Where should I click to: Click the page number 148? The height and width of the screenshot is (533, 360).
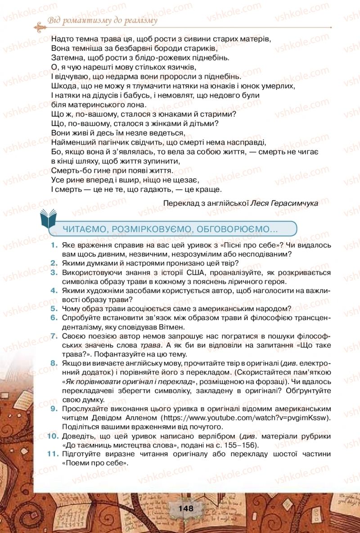(185, 509)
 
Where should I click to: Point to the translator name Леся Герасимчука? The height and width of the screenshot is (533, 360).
(284, 203)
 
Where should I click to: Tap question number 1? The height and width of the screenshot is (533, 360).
(54, 245)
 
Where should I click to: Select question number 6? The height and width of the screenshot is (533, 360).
(54, 317)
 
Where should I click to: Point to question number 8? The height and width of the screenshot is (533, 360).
(54, 363)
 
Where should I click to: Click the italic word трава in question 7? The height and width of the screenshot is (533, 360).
(149, 345)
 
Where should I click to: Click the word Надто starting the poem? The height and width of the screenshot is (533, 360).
(62, 39)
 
